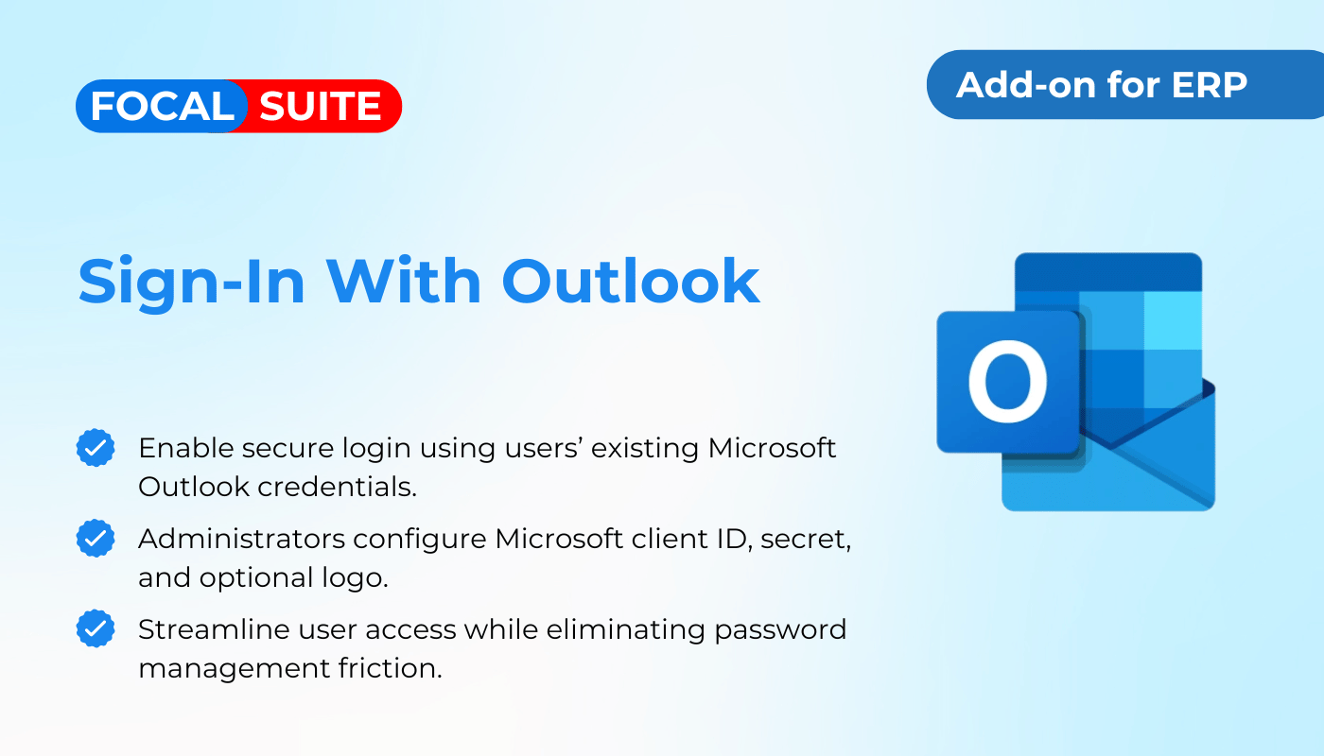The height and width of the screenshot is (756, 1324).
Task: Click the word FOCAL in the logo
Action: click(x=163, y=106)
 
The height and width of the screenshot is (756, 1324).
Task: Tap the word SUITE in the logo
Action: click(x=320, y=106)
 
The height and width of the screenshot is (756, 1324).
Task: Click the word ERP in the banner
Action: click(x=1209, y=85)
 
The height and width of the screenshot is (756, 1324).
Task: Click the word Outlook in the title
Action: click(x=631, y=282)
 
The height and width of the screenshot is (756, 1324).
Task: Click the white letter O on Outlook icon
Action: click(x=1007, y=382)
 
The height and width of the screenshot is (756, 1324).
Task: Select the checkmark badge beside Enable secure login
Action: click(x=96, y=448)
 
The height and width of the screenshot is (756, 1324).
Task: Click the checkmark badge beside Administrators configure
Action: click(x=96, y=538)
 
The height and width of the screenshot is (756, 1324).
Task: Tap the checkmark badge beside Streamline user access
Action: click(x=96, y=628)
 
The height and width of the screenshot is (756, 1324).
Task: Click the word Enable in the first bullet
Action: click(x=186, y=448)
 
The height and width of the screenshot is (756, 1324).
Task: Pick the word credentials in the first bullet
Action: click(x=338, y=487)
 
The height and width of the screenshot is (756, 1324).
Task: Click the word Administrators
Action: click(x=242, y=539)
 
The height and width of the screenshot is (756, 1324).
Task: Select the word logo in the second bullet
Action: click(x=355, y=578)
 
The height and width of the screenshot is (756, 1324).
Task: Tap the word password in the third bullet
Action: click(x=780, y=630)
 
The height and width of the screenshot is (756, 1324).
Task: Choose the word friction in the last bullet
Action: click(x=390, y=668)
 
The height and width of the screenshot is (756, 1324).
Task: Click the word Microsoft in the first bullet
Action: click(x=772, y=448)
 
